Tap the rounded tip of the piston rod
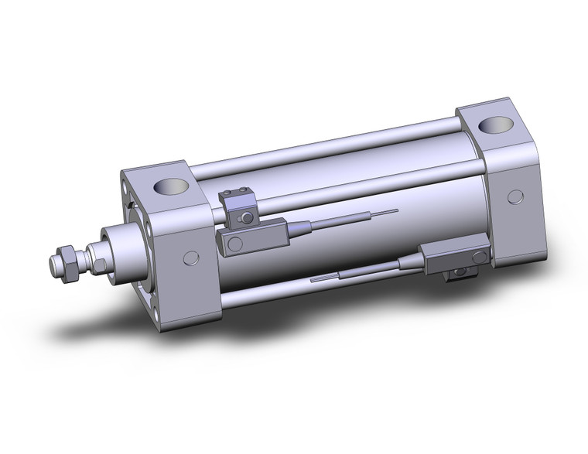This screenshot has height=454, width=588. click(51, 265)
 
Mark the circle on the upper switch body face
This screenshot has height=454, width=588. click(234, 244)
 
